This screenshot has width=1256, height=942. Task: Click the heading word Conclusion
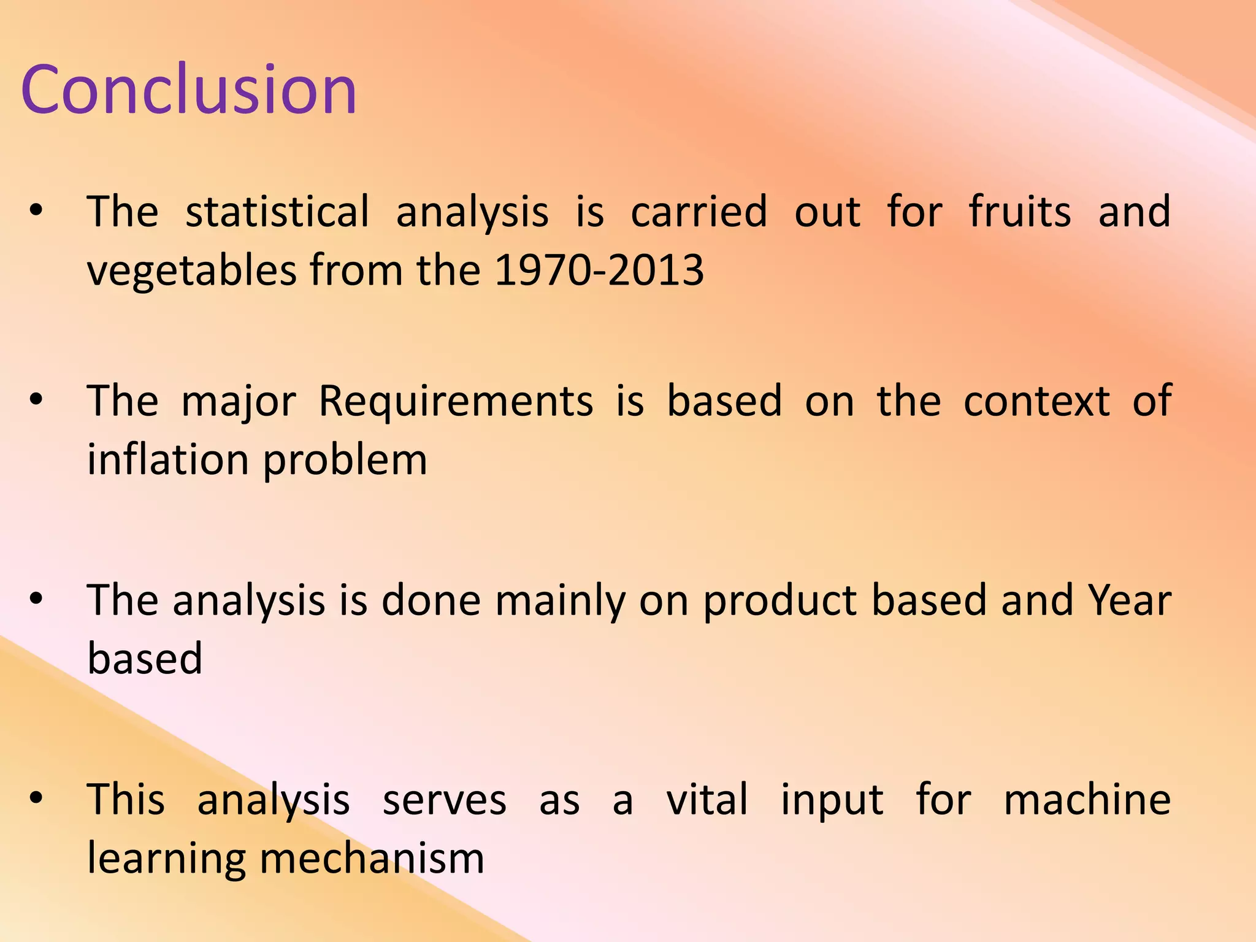pos(188,90)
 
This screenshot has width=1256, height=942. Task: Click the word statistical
pos(277,212)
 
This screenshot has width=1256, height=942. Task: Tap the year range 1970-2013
pos(599,270)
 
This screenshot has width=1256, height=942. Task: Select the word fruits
pos(1019,212)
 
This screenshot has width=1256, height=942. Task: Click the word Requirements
pos(456,401)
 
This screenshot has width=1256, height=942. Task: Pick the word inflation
pos(167,459)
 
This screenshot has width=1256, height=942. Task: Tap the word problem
pos(345,461)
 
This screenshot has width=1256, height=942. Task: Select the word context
pos(1036,401)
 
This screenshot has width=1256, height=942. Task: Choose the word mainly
pos(560,600)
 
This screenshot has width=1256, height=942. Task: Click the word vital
pos(706,800)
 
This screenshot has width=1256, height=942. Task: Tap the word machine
pos(1087,800)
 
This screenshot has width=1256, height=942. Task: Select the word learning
pos(166,859)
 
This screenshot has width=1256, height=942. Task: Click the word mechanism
pos(372,858)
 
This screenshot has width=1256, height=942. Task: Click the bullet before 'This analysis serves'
pos(36,798)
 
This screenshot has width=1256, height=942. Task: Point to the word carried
pos(699,212)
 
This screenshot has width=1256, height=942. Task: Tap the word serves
pos(444,800)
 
